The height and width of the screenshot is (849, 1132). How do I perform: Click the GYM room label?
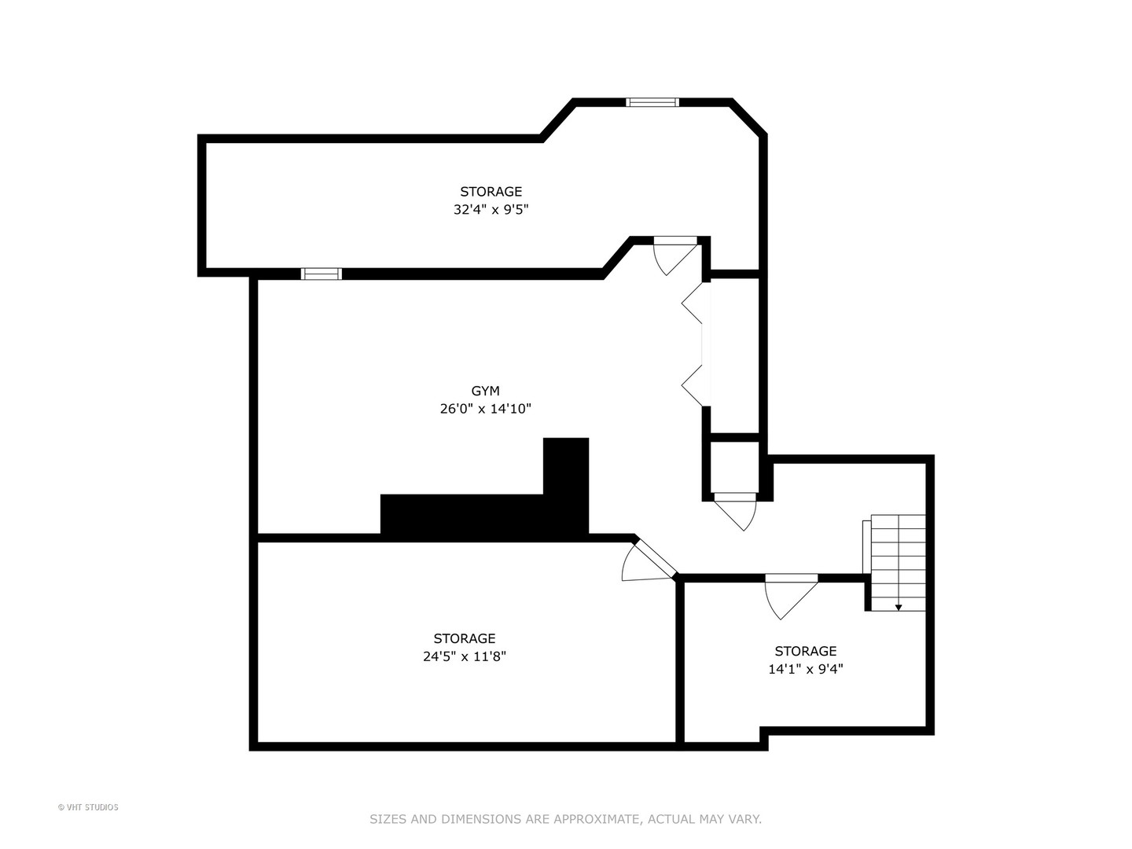coord(485,391)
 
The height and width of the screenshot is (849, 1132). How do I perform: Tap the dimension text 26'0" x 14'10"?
coord(485,409)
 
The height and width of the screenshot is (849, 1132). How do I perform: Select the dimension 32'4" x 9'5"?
coord(491,210)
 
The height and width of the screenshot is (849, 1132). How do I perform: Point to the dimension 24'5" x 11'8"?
coord(464,656)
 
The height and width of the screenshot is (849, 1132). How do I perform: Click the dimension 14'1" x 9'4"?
coord(805,669)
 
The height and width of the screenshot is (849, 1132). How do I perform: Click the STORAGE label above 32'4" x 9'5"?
coord(491,192)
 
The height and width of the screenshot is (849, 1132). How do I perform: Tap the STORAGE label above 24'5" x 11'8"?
coord(464,638)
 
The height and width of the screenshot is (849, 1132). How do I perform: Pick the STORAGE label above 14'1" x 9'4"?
coord(805,651)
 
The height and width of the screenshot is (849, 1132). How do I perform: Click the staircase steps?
coord(898,558)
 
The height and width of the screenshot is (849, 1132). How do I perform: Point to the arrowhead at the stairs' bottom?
coord(899,608)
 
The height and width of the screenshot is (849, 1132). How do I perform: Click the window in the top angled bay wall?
coord(652,102)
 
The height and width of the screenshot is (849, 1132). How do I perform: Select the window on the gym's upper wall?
coord(322,274)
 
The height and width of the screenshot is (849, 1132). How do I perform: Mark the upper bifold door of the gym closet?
coord(693,303)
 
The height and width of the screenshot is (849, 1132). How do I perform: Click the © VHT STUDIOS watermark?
coord(88,807)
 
